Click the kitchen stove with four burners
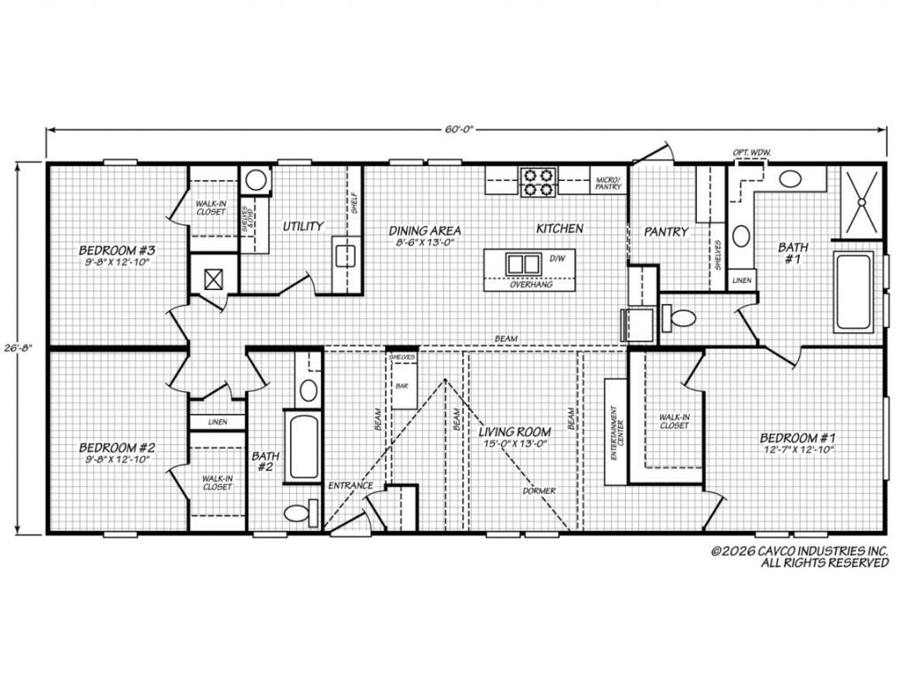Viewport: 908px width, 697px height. click(x=538, y=181)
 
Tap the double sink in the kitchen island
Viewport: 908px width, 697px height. click(x=522, y=264)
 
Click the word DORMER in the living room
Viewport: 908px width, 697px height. click(x=538, y=490)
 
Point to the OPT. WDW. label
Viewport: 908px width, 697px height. click(x=752, y=153)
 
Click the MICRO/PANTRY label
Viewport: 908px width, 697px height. click(x=607, y=184)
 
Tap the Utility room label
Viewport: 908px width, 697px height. click(x=302, y=227)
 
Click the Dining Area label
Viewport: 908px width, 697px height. click(x=426, y=235)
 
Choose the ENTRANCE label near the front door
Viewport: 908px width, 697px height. click(x=350, y=486)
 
